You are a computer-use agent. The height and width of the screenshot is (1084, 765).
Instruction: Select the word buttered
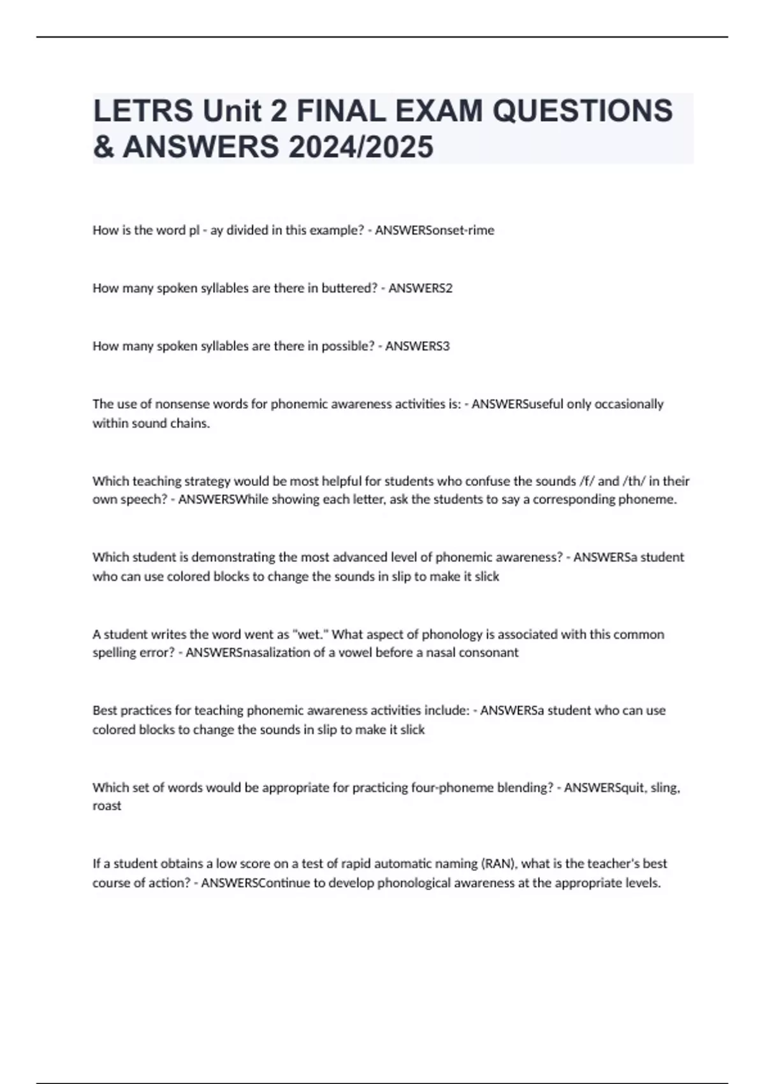pyautogui.click(x=349, y=288)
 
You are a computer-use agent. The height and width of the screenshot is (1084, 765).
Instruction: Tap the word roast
pyautogui.click(x=106, y=806)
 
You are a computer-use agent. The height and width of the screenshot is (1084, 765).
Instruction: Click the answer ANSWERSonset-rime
pyautogui.click(x=434, y=230)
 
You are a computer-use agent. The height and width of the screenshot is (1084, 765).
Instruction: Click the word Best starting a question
pyautogui.click(x=105, y=710)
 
